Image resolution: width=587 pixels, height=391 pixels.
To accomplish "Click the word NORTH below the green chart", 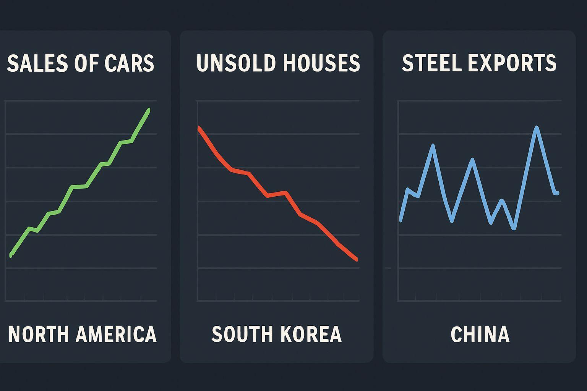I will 39,334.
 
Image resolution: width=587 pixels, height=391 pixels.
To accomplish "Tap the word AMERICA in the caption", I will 116,334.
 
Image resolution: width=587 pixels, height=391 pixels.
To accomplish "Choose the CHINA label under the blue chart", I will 480,334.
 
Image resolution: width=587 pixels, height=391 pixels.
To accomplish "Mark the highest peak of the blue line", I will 537,128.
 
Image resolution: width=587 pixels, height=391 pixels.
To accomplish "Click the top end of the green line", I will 149,110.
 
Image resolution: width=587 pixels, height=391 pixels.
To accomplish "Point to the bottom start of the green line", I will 11,255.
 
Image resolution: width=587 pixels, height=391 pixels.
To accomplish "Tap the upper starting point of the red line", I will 199,127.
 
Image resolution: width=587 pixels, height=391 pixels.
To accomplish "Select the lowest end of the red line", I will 356,260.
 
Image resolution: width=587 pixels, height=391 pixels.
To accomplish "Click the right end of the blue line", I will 558,193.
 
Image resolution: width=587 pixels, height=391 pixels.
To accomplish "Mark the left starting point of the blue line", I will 401,220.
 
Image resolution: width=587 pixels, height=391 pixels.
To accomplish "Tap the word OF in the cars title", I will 81,63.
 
